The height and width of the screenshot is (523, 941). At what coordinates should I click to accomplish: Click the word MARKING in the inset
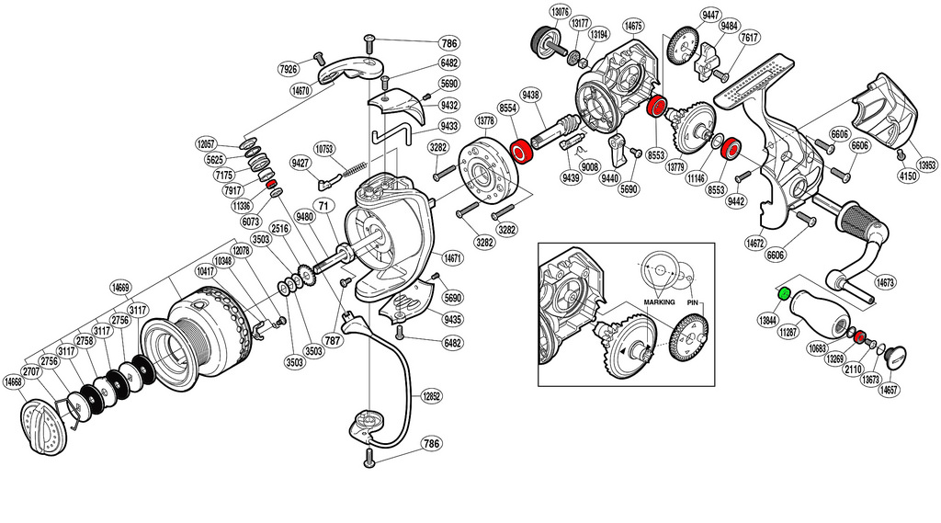tap(659, 301)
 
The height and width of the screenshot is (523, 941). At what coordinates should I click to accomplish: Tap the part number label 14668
tap(13, 381)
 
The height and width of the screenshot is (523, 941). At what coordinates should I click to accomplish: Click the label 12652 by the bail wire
tap(433, 396)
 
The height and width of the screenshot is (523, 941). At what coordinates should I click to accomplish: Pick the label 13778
tap(486, 120)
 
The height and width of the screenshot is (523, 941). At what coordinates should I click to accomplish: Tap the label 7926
tap(289, 69)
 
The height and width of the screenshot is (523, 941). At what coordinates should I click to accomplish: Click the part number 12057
tap(207, 143)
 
